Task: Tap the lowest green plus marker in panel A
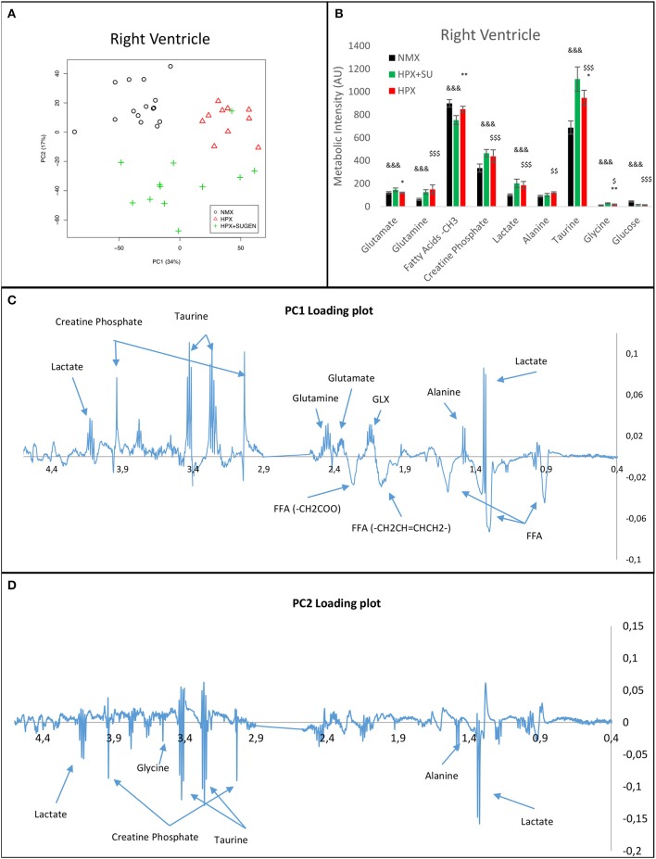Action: (x=178, y=231)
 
